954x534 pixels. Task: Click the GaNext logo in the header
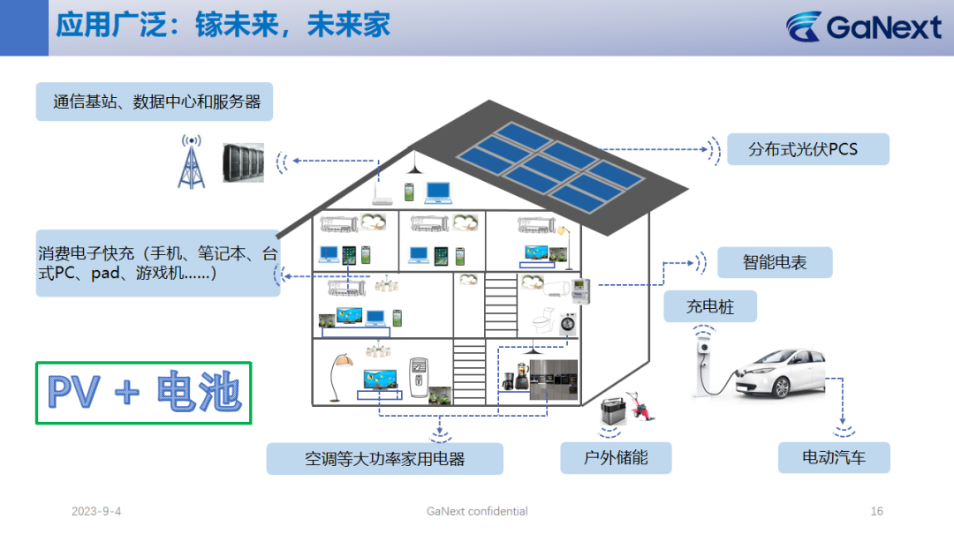tap(863, 26)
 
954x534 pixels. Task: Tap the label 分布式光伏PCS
tap(808, 149)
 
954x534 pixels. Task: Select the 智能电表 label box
tap(775, 262)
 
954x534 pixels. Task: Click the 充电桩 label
tap(710, 306)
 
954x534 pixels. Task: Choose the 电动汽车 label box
tap(834, 457)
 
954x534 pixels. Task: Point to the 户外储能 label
tap(616, 457)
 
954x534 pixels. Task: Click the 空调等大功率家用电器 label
tap(384, 459)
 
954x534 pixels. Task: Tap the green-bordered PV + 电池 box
tap(144, 393)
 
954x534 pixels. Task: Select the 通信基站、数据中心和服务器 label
tap(155, 102)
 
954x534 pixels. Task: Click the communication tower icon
tap(191, 162)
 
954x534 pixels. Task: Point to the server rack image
tap(244, 162)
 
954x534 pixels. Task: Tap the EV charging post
tap(704, 364)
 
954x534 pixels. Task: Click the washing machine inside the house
tap(568, 324)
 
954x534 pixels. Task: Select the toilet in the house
tap(542, 320)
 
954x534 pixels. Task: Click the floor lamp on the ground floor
tap(340, 377)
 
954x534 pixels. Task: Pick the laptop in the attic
tap(438, 192)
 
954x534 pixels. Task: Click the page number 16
tap(877, 512)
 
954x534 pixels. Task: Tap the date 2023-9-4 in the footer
tap(96, 512)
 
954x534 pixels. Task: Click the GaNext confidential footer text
tap(477, 512)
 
